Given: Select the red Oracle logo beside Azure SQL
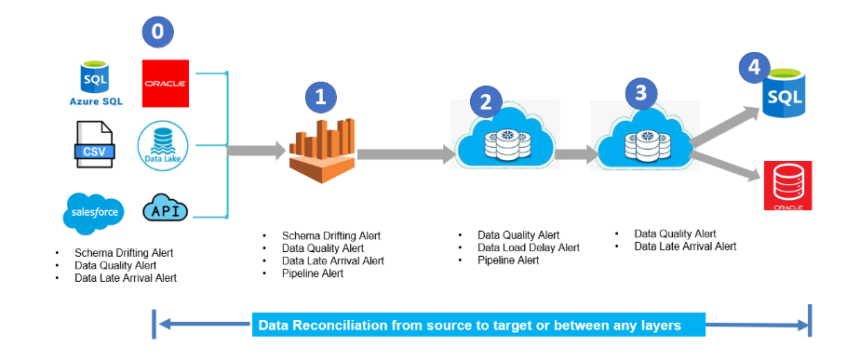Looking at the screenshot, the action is coord(166,84).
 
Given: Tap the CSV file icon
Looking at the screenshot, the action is coord(94,145).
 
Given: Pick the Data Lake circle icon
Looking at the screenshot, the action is coord(163,146).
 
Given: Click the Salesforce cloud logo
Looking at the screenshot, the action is coord(94,212).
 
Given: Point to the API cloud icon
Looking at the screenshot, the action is coord(165,211).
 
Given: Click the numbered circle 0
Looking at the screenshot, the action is coord(157,32).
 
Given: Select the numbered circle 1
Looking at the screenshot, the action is coord(321,97).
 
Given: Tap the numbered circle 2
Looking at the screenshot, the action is coord(486,101).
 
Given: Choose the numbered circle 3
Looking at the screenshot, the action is coord(640,93).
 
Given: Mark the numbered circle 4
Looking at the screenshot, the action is coord(754,68).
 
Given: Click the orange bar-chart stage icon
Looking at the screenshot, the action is coord(322,150).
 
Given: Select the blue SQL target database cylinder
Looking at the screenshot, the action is coord(785,94).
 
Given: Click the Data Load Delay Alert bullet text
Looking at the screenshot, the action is coord(528,247).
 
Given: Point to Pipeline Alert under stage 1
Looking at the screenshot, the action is coord(313,273).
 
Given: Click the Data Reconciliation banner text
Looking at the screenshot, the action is coord(469,326).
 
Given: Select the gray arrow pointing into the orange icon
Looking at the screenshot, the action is coord(256,150).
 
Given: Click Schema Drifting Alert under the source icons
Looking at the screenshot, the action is coord(124,253).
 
